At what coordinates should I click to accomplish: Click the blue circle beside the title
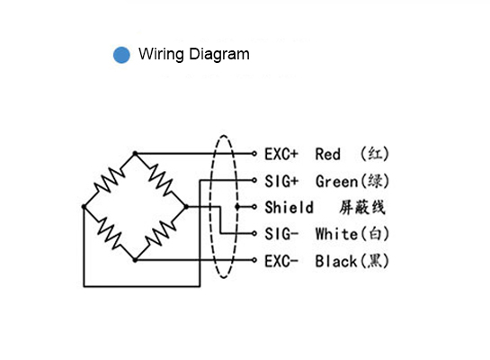point(121,55)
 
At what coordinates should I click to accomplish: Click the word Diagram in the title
point(219,55)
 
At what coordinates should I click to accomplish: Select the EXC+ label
point(281,154)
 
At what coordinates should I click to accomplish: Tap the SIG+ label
point(281,181)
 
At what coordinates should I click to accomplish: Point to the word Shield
point(290,207)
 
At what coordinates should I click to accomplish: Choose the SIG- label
point(281,234)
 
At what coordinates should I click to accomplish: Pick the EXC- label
point(281,261)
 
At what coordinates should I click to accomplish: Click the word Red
point(328,154)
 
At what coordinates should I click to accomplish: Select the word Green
point(336,182)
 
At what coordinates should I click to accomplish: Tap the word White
point(336,234)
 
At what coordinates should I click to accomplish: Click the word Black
point(336,261)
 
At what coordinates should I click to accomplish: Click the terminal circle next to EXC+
point(254,154)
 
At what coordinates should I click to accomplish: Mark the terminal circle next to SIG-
point(254,233)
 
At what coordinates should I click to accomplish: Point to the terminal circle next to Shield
point(254,206)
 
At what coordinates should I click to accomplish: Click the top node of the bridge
point(135,153)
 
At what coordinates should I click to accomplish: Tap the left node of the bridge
point(84,206)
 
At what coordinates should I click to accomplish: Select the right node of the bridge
point(186,206)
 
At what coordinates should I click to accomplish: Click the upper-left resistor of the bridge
point(110,180)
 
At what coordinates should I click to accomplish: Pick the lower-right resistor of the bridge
point(161,233)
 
